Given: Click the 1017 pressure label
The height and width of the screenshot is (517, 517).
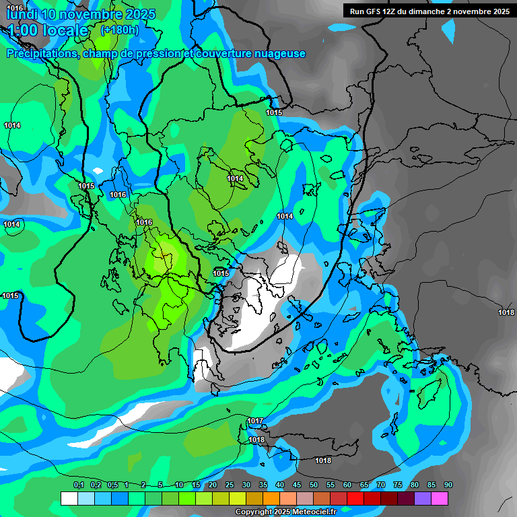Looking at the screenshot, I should tap(255, 421).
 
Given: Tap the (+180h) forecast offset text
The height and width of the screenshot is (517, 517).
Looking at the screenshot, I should tap(119, 30).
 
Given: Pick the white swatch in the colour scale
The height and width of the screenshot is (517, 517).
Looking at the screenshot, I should tap(69, 498).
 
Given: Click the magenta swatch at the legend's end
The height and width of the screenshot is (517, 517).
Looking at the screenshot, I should tap(440, 498).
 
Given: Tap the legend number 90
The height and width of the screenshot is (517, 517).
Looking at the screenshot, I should tap(448, 485).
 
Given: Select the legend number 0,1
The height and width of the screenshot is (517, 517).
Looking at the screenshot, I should tap(78, 485).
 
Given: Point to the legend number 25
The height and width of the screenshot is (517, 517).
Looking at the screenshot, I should tap(230, 485).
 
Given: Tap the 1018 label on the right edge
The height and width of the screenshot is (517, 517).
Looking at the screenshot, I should tap(506, 312).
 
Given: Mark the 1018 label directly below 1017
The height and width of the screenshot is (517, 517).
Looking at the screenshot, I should tap(256, 440).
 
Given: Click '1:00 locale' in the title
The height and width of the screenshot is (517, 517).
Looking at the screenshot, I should tap(47, 30).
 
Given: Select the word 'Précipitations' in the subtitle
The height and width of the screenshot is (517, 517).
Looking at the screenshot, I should tap(40, 53).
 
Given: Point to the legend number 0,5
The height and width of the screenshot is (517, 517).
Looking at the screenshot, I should tap(112, 485).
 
